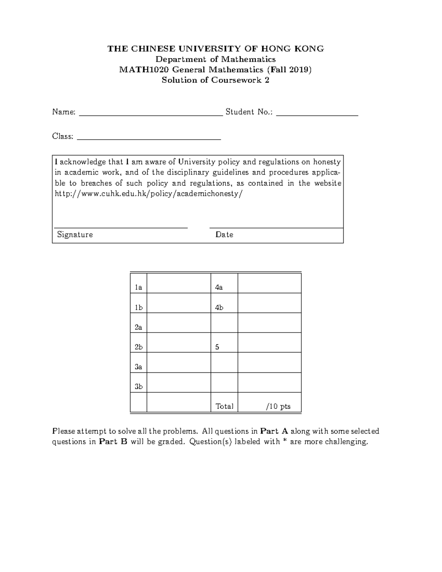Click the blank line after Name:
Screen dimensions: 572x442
coord(151,115)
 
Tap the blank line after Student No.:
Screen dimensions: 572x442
coord(317,115)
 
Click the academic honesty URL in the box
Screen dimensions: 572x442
coord(149,194)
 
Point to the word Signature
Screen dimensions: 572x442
coord(75,235)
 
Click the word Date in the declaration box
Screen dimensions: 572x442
coord(224,235)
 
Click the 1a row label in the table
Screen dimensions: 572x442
coord(138,288)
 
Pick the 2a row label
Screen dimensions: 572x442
coord(138,327)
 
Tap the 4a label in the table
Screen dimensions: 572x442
coord(219,288)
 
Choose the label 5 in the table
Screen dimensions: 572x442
coord(217,347)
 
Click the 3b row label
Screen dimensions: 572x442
coord(138,387)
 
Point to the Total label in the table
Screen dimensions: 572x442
coord(224,407)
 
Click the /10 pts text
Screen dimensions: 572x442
coord(278,407)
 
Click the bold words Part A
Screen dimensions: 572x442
coord(274,431)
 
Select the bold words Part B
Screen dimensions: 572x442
coord(113,442)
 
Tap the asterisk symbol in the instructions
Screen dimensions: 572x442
coord(284,441)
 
